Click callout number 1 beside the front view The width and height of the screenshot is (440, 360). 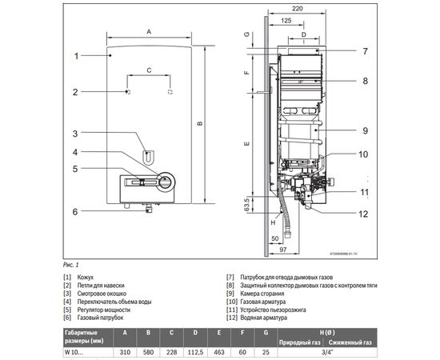point(77,56)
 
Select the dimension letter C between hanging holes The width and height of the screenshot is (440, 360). point(149,71)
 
